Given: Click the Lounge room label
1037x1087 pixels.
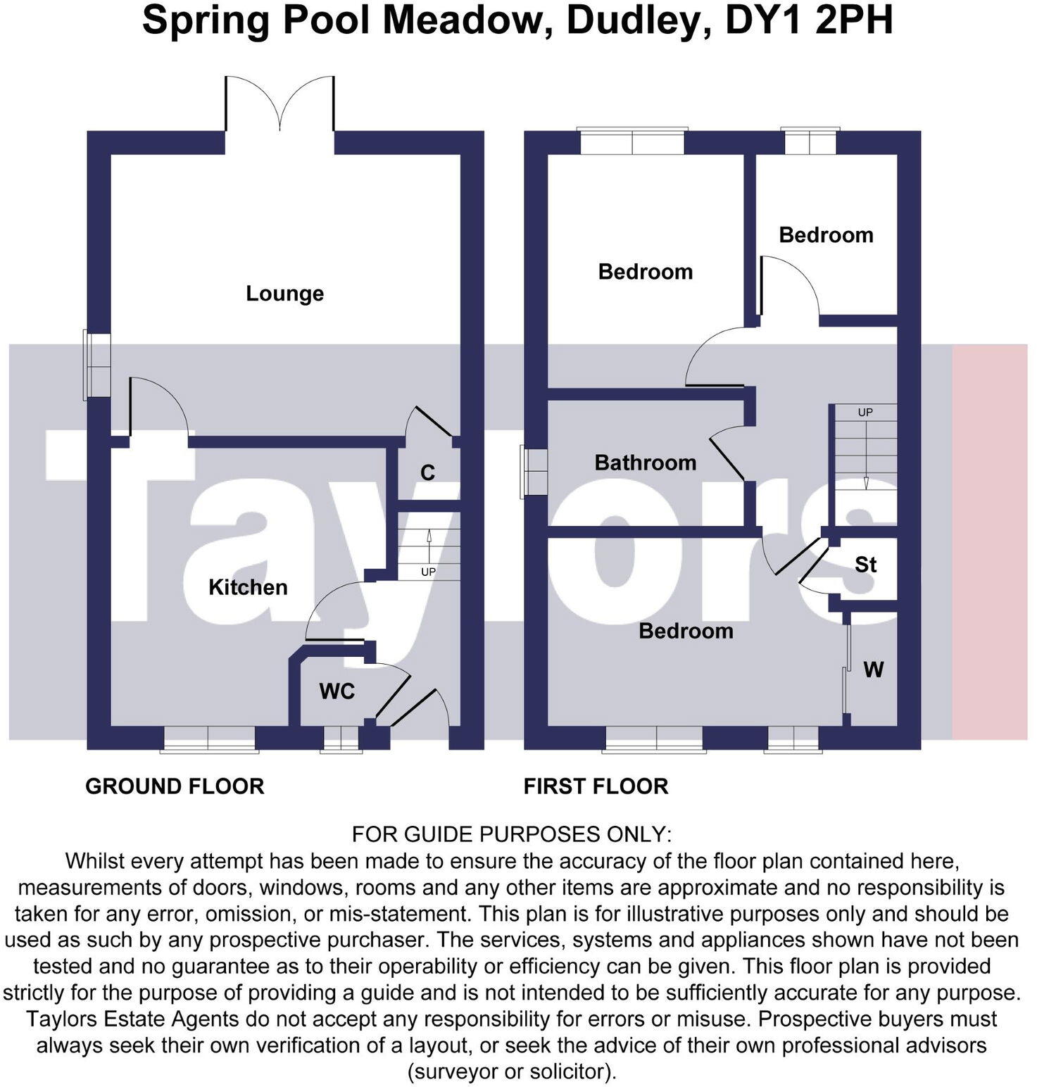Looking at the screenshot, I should (284, 293).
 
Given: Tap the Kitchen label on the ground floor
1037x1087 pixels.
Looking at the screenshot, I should (248, 586).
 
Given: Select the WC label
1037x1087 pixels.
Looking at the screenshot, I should (337, 691).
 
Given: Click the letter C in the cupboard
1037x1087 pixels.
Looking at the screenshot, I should (427, 472).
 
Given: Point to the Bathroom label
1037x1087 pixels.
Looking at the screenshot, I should (645, 462).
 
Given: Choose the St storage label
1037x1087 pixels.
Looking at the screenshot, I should (865, 564).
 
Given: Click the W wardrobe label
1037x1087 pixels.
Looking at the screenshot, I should (873, 669).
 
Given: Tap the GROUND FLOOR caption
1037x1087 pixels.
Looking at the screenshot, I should (175, 786).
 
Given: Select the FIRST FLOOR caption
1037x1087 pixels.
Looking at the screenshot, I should (596, 786).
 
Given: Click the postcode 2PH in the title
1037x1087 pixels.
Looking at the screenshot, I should (854, 20).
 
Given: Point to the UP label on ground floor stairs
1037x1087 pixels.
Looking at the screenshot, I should (428, 572).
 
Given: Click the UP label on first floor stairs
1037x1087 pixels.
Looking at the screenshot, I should (865, 412).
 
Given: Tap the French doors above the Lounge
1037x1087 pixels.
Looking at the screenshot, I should (279, 106).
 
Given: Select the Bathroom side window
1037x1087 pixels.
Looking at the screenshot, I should (534, 471).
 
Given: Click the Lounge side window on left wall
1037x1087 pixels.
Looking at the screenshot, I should (98, 365).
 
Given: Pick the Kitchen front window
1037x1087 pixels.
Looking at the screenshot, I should (209, 739).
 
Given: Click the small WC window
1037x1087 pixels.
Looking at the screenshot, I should (341, 739).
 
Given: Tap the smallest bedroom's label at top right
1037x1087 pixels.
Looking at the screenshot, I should (826, 234).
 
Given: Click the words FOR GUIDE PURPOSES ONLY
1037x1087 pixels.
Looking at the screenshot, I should (512, 834).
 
